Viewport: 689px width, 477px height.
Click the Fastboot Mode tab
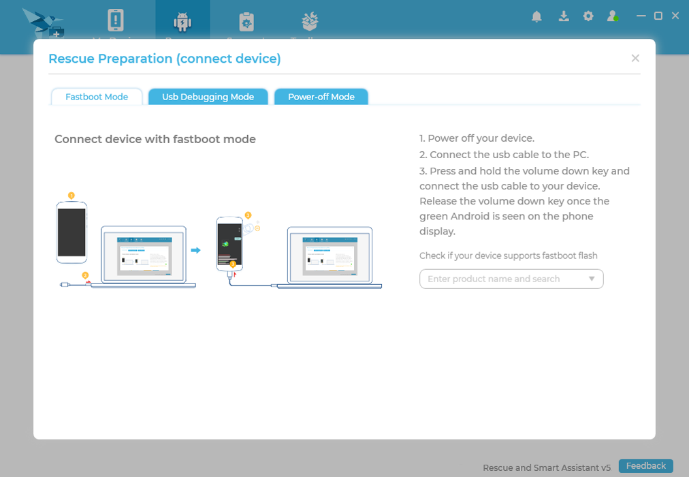[97, 97]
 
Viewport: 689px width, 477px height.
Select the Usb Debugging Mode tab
[208, 97]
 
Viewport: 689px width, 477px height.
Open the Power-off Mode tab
[321, 97]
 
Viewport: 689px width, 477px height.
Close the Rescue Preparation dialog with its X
[635, 59]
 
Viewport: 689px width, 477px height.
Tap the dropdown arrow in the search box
[591, 279]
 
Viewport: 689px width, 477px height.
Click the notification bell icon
[536, 16]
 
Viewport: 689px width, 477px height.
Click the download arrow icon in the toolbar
[564, 16]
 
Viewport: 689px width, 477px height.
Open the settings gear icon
[588, 16]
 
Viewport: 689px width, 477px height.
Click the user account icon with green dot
[613, 16]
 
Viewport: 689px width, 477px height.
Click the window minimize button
[641, 16]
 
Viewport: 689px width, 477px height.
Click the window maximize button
[658, 16]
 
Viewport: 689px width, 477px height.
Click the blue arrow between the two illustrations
[195, 251]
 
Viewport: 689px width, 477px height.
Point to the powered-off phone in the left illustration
[71, 232]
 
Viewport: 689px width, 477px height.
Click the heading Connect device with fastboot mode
[155, 139]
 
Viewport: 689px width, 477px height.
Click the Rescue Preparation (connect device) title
[165, 59]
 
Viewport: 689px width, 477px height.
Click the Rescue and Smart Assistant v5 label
[547, 467]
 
